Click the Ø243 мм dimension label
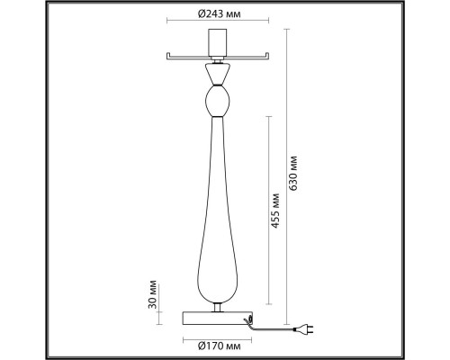click(220, 13)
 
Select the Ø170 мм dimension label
click(220, 346)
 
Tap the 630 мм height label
click(292, 174)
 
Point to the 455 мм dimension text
click(274, 211)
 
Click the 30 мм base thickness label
click(153, 294)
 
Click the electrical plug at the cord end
click(304, 329)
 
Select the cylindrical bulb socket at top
click(218, 42)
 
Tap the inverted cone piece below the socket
click(218, 74)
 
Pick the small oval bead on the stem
click(218, 101)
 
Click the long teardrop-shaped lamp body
click(218, 210)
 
